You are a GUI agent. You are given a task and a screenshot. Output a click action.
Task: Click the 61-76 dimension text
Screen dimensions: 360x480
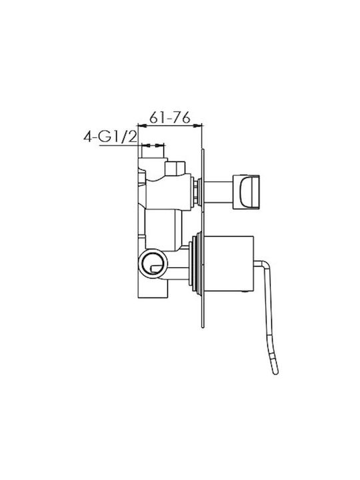tap(170, 117)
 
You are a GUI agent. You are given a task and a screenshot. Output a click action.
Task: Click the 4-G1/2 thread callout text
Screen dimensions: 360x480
tap(110, 137)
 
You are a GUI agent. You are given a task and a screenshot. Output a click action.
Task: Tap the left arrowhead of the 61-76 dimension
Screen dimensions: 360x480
tap(143, 125)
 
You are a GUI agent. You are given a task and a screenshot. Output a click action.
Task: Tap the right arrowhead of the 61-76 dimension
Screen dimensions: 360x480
tap(198, 125)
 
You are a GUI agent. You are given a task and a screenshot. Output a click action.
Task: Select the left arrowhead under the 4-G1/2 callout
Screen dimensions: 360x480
tap(146, 145)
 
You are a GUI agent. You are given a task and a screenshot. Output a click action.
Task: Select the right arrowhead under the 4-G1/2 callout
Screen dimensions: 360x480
tap(160, 145)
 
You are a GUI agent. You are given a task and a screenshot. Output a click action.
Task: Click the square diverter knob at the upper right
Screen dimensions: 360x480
tap(246, 192)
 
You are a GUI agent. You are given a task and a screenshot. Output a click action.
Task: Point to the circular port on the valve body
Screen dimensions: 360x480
tap(153, 263)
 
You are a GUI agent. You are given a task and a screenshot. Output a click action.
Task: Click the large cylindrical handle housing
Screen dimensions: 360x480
tap(229, 263)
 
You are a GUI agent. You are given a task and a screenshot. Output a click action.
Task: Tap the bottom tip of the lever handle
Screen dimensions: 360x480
tap(275, 373)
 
